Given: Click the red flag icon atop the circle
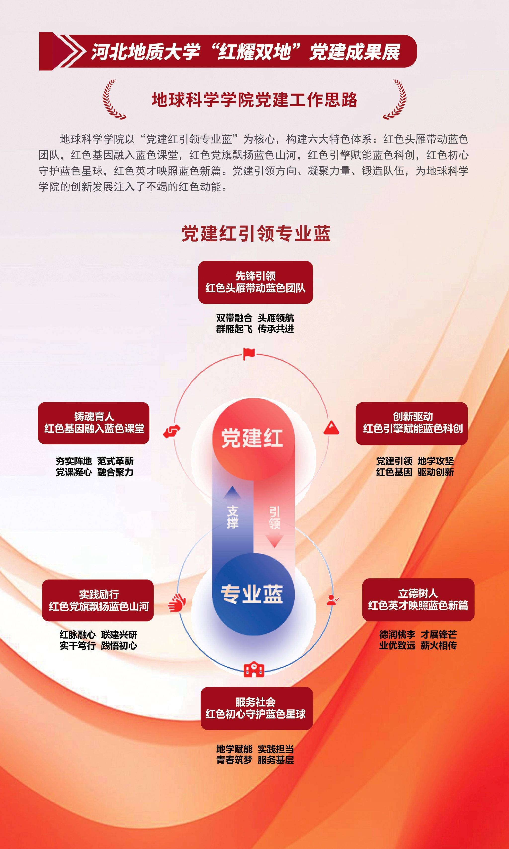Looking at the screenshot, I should coord(249,354).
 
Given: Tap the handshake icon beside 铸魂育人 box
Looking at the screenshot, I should coord(172,431).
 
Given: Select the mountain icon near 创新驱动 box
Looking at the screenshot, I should coord(331,428).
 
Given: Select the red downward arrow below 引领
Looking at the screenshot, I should coord(274,541).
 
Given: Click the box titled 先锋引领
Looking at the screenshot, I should coord(255,282).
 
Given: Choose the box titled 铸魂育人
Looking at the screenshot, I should coord(94,423).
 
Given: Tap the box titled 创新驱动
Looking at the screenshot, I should coord(412,423).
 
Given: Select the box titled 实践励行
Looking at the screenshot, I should coord(98,600).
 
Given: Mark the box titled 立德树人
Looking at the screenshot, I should coord(418,599).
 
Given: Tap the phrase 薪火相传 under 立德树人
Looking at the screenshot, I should coord(439,645).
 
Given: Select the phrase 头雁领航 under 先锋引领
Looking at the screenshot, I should coord(276,318).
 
